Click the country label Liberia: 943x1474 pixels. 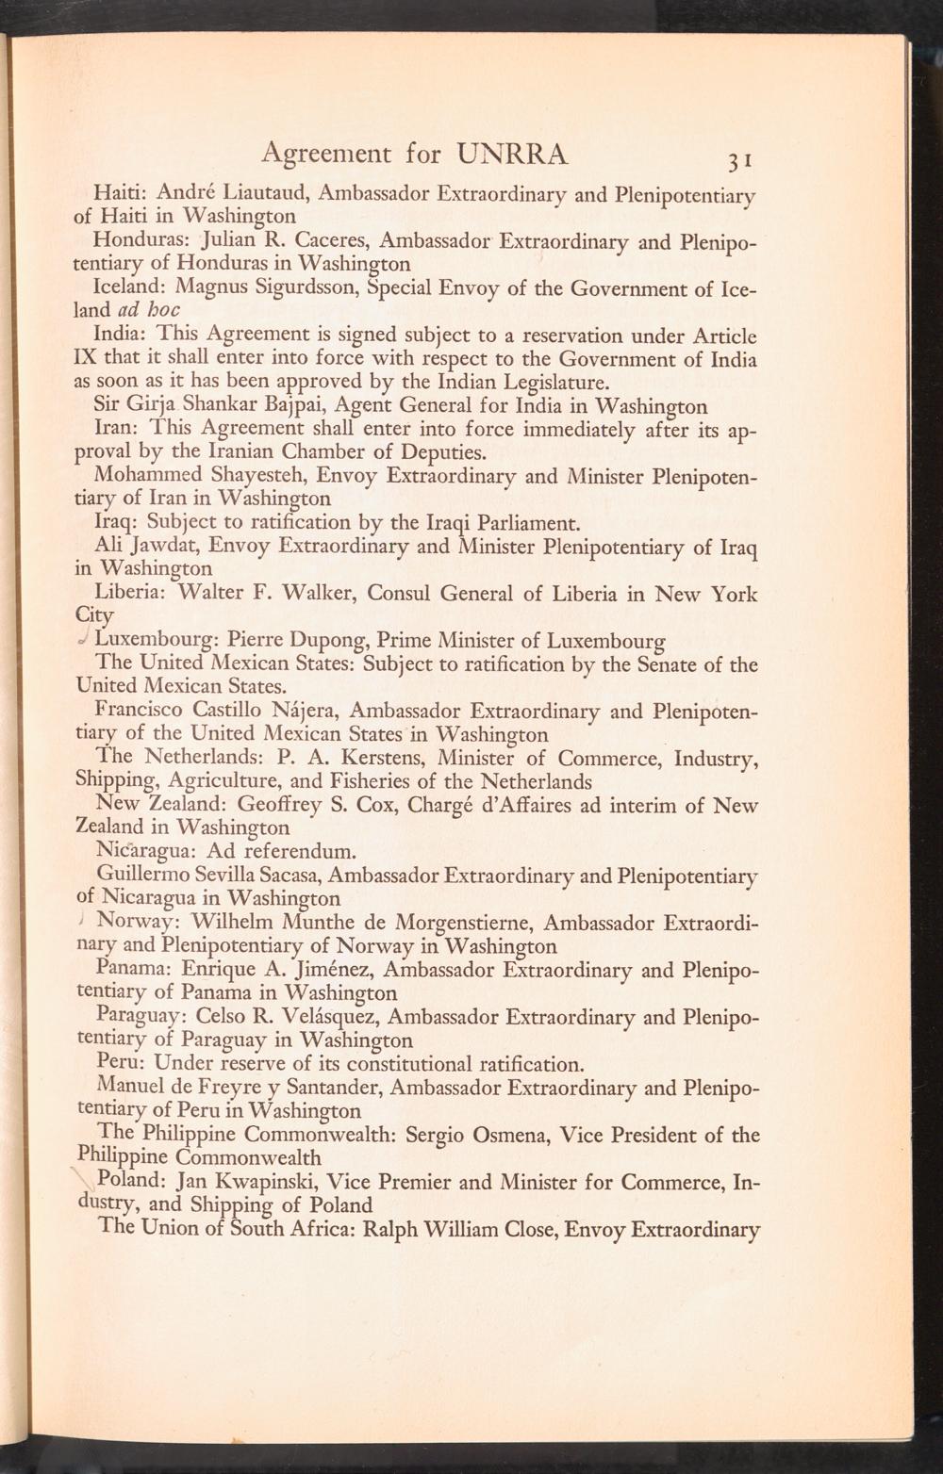coord(132,595)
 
